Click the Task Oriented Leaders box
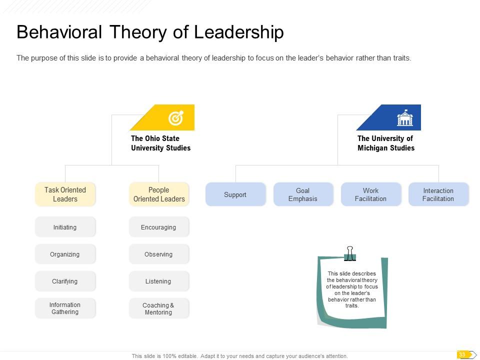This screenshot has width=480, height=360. tap(65, 194)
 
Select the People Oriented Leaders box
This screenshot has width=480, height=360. tap(159, 194)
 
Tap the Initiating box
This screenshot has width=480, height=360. tap(65, 227)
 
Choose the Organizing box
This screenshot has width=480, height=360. tap(65, 254)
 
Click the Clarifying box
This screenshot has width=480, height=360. tap(65, 281)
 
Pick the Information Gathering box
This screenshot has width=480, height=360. tap(65, 308)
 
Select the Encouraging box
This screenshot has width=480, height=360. tap(159, 227)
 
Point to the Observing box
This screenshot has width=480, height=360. tap(159, 254)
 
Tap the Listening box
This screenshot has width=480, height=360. tap(159, 281)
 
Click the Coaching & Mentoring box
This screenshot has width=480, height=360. tap(159, 308)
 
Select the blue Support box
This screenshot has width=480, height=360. tap(235, 194)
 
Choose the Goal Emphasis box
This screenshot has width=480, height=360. tap(303, 194)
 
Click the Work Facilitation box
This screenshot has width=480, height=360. tap(370, 194)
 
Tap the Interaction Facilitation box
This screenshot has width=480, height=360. tap(438, 194)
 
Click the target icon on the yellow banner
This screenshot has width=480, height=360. tap(176, 118)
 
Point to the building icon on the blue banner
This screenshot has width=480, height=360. tap(404, 118)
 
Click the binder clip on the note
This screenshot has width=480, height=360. tap(350, 253)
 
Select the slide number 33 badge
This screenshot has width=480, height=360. tap(463, 355)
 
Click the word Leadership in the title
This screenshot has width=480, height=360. tap(238, 32)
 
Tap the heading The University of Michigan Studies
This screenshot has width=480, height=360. tap(385, 143)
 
